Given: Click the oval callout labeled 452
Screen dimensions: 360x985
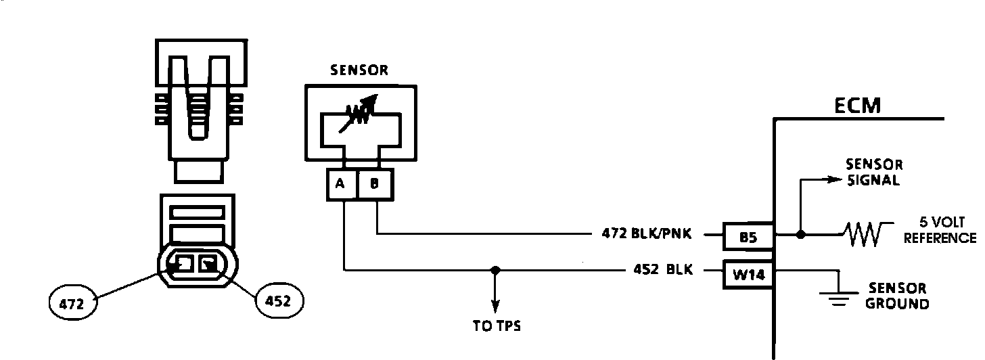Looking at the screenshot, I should tap(279, 300).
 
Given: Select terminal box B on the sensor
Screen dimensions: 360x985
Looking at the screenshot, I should tap(374, 184).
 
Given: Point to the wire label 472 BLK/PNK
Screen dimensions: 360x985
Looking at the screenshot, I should tap(646, 235).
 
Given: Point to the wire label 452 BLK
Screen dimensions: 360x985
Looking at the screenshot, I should tap(663, 269).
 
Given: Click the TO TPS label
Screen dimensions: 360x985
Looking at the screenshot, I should tap(497, 325).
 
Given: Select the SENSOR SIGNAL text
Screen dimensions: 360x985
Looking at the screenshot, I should tap(874, 173).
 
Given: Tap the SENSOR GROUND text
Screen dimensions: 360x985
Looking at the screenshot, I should tap(897, 296).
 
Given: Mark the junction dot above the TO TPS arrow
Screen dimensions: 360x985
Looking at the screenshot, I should tap(496, 270).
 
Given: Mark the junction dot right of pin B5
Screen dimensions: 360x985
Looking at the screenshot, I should tap(800, 235).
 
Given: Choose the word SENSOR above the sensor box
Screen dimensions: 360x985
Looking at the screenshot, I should tap(359, 69).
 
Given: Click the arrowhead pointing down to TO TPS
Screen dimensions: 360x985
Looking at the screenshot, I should tap(496, 306).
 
